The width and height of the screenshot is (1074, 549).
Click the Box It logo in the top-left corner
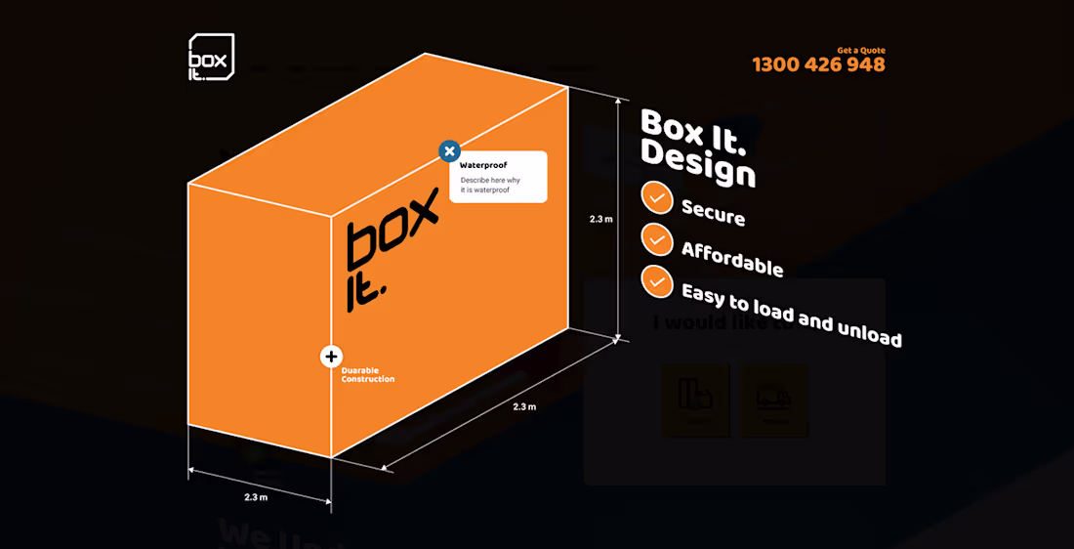pos(211,58)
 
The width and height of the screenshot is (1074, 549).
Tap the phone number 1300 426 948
pos(818,65)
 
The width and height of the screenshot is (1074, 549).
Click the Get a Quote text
pos(861,50)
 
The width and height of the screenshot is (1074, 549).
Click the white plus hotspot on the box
pos(331,357)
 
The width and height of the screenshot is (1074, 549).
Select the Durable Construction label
pos(368,374)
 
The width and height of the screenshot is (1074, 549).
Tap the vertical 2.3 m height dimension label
pos(601,219)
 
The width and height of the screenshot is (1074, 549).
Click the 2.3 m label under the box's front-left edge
pos(256,497)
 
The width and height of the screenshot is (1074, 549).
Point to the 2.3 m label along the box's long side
pos(524,406)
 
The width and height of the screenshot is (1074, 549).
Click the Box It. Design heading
pos(697,148)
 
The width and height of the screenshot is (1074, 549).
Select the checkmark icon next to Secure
pos(657,197)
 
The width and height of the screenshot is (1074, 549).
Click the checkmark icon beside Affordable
pos(657,239)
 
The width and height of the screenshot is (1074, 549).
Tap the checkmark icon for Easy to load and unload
pos(657,280)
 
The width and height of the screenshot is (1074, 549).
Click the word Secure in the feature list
pos(713,212)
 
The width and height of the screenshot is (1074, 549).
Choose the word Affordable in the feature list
pos(731,259)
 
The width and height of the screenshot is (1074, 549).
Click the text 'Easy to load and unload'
pos(791,315)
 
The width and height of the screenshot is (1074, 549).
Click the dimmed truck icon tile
pos(773,399)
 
